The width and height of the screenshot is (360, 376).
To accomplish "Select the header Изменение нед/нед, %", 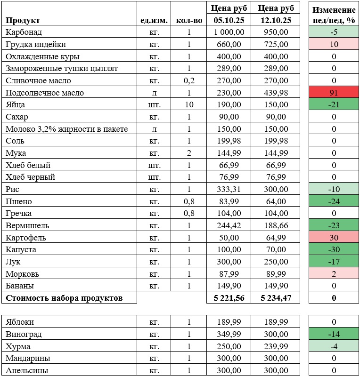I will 334,15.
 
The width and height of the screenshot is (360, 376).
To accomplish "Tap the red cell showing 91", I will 334,93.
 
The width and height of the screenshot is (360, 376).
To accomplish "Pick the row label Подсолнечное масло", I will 45,93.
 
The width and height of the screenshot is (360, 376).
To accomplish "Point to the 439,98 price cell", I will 274,93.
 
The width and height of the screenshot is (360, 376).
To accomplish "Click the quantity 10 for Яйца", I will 188,104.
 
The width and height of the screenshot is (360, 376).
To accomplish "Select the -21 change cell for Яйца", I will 334,104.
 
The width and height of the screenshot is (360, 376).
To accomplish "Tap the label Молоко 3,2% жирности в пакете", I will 66,129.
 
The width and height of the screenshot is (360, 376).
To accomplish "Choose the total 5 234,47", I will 274,298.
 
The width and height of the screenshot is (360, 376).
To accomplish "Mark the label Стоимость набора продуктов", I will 64,298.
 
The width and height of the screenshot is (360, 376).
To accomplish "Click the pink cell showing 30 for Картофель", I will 334,238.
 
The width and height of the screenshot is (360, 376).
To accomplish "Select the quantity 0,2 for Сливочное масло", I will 188,80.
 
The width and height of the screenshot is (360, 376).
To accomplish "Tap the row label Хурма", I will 18,346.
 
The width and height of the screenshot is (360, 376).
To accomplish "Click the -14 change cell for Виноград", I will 334,334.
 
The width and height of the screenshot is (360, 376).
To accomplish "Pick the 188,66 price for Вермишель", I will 274,225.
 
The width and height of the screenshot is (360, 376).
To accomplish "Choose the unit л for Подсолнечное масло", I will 153,93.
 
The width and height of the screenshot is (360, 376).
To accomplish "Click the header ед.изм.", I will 153,20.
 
